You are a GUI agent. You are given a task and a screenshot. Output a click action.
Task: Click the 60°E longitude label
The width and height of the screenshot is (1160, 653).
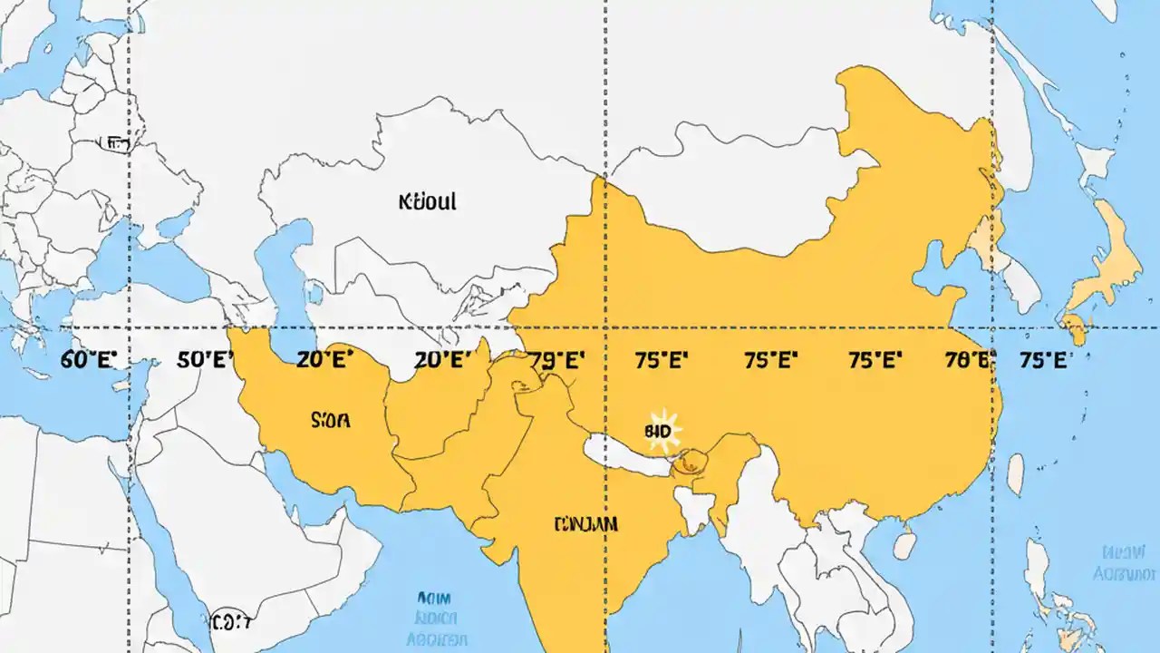click(x=90, y=359)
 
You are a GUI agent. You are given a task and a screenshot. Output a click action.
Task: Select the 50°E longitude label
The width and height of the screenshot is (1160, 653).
click(x=206, y=359)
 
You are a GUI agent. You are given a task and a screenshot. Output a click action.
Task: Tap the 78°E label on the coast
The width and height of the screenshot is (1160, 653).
click(x=969, y=359)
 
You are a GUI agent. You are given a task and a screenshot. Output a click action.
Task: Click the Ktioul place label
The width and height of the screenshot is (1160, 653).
click(x=427, y=201)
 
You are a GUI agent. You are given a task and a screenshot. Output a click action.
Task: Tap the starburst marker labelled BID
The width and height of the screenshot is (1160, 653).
click(x=661, y=431)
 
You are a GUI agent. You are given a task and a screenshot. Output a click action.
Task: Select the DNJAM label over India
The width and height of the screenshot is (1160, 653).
click(x=585, y=523)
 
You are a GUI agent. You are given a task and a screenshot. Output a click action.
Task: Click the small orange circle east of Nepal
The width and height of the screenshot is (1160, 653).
click(x=690, y=462)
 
